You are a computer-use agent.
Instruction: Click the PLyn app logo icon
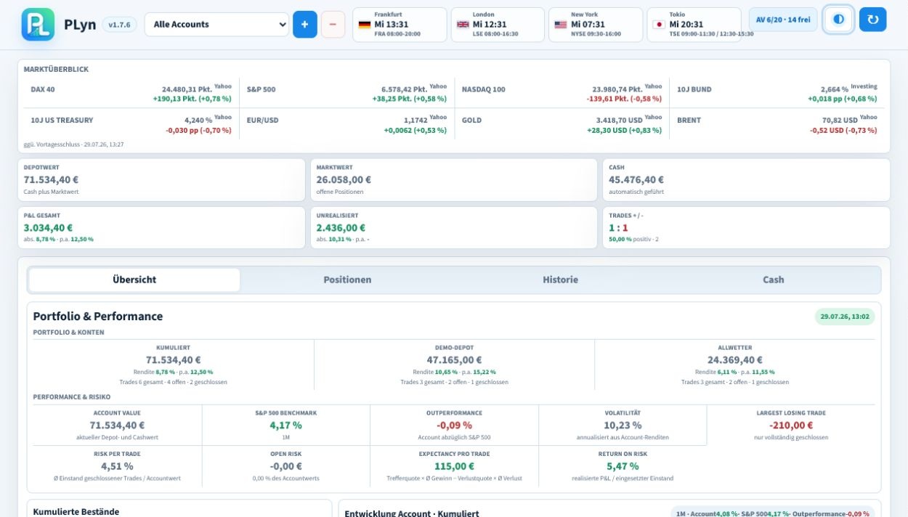tap(38, 24)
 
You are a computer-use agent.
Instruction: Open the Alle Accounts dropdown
tap(217, 24)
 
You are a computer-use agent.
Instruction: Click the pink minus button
tap(333, 24)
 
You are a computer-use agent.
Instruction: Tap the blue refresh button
tap(872, 19)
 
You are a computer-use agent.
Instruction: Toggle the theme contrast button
tap(838, 19)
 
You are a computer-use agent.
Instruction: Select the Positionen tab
tap(347, 280)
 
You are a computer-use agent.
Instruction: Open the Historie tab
tap(560, 280)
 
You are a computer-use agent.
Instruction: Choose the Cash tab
tap(773, 280)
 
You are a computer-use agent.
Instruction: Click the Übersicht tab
tap(134, 280)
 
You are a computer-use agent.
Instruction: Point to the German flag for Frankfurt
tap(365, 24)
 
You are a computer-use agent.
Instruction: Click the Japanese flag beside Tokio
tap(659, 24)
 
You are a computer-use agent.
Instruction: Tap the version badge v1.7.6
tap(119, 25)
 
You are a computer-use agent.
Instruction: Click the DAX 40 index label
tap(43, 89)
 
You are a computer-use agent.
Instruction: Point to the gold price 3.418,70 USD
tap(619, 121)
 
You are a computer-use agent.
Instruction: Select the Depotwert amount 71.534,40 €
tap(51, 179)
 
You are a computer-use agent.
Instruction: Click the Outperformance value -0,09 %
tap(454, 425)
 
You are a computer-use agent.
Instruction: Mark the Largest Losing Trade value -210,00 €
tap(791, 425)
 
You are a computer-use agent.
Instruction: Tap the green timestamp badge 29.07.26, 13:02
tap(845, 317)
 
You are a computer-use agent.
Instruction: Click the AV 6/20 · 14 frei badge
tap(783, 20)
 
